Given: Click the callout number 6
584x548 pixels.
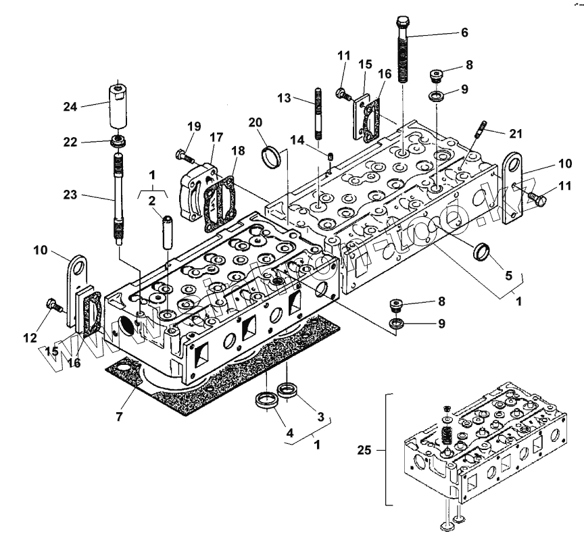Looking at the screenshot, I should pyautogui.click(x=464, y=32).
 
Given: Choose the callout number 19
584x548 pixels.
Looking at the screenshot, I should pyautogui.click(x=194, y=126).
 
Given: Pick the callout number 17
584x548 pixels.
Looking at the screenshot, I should pyautogui.click(x=216, y=136).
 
